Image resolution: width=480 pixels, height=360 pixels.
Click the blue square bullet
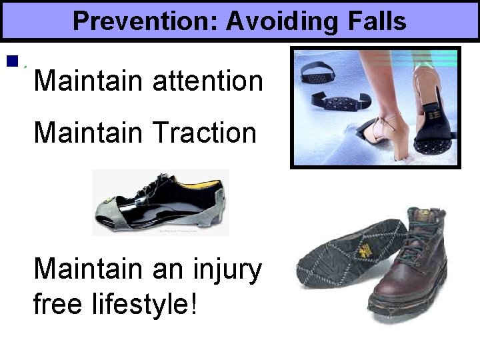tap(11, 61)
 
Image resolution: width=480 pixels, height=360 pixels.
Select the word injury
tap(227, 270)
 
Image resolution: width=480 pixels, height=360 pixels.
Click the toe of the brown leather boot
tap(393, 293)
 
